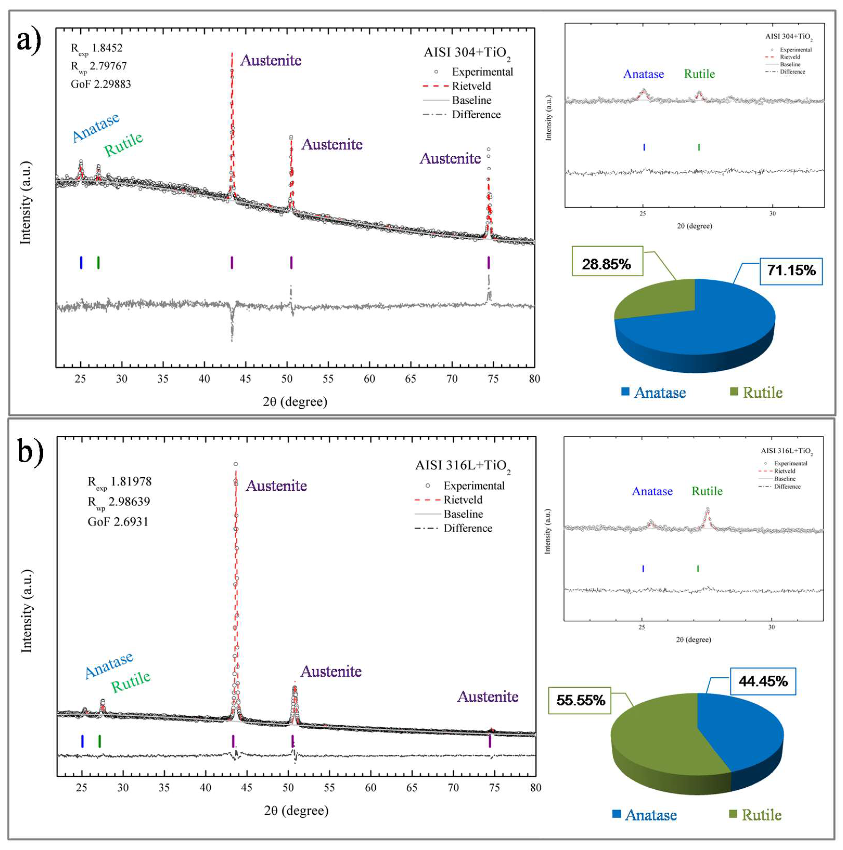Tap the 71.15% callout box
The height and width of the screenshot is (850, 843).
pos(791,270)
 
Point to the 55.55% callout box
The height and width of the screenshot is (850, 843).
pos(580,700)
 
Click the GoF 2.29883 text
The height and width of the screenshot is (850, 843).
pos(101,84)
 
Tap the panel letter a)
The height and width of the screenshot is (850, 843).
pos(29,42)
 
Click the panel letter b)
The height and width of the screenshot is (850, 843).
pos(31,452)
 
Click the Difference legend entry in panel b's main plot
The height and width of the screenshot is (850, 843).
pos(453,528)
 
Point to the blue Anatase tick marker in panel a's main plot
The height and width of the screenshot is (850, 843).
pos(81,262)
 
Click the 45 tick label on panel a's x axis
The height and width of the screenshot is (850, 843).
pos(245,378)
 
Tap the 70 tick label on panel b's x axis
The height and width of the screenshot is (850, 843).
pos(453,788)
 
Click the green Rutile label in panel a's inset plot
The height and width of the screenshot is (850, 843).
pos(699,74)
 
